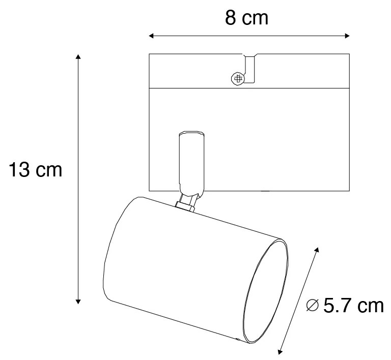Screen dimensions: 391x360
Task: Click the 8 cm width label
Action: [x=246, y=18]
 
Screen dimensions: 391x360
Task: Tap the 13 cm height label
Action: [x=36, y=170]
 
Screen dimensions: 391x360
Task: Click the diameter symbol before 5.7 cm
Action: [x=312, y=306]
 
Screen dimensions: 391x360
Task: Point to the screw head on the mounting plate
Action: [x=238, y=79]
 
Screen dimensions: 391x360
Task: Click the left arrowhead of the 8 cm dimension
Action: [x=151, y=36]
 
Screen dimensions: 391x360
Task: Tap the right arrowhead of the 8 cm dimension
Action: [x=347, y=36]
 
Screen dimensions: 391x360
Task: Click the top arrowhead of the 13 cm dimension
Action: [x=78, y=56]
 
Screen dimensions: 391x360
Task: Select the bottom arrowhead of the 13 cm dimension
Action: [x=78, y=301]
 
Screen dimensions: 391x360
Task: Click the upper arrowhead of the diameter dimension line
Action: [x=317, y=250]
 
